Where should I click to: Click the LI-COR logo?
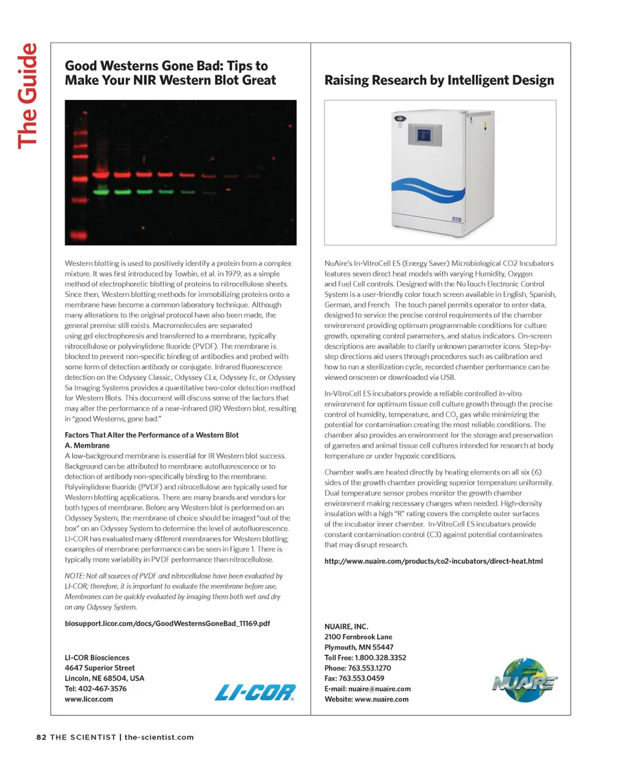point(255,692)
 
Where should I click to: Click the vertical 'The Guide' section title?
point(28,95)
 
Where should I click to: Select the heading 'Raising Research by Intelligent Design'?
point(438,81)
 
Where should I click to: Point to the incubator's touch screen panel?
point(424,136)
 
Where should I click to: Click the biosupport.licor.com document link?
point(168,624)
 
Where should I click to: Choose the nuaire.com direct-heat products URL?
point(433,561)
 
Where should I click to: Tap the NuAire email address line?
point(367,689)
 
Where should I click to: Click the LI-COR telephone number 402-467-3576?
point(95,689)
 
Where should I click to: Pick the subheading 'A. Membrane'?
point(87,445)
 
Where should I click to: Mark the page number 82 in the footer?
point(41,738)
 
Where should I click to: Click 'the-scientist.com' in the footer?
point(159,738)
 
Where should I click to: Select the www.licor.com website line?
point(89,699)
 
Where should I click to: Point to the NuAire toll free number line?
point(365,658)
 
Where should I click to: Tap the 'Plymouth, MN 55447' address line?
point(359,647)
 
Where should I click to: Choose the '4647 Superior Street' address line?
point(100,668)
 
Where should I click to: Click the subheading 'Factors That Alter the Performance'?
point(152,435)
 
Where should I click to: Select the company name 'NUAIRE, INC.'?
point(346,626)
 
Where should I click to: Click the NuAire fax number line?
point(354,678)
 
